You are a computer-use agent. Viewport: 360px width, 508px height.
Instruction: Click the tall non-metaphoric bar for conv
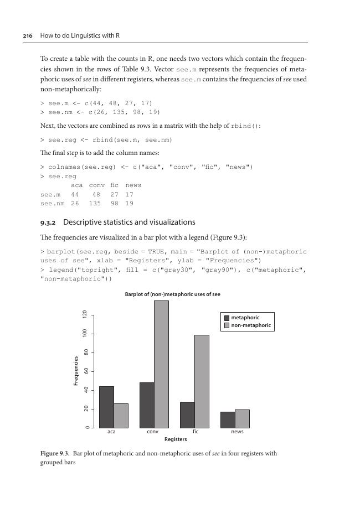[x=161, y=364]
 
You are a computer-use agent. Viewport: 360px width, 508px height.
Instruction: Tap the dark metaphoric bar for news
[x=228, y=419]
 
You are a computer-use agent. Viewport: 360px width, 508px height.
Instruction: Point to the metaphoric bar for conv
[x=147, y=405]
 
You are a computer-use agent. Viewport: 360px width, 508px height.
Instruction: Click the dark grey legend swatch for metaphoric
[x=226, y=318]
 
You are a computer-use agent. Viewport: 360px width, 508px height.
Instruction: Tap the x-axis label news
[x=237, y=432]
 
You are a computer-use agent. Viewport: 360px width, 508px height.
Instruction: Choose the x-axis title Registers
[x=176, y=439]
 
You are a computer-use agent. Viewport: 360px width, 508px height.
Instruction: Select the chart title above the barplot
[x=172, y=294]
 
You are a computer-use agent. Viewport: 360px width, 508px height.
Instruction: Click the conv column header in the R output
[x=97, y=185]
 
